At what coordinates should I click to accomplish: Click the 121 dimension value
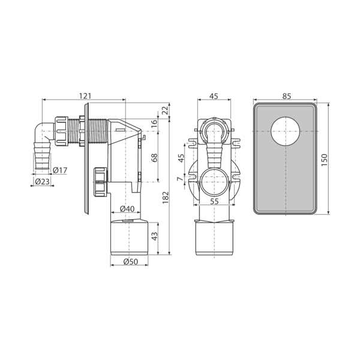pyautogui.click(x=85, y=96)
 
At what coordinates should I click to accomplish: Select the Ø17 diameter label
pyautogui.click(x=60, y=170)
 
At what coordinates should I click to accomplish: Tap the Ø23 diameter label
pyautogui.click(x=42, y=182)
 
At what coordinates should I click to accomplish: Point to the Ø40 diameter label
pyautogui.click(x=127, y=209)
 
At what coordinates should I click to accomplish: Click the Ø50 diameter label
pyautogui.click(x=131, y=262)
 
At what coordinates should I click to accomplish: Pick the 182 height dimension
pyautogui.click(x=166, y=198)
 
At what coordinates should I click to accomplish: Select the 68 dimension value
pyautogui.click(x=155, y=158)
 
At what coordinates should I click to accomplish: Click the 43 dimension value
pyautogui.click(x=155, y=236)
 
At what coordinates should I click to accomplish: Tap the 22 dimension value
pyautogui.click(x=166, y=111)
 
